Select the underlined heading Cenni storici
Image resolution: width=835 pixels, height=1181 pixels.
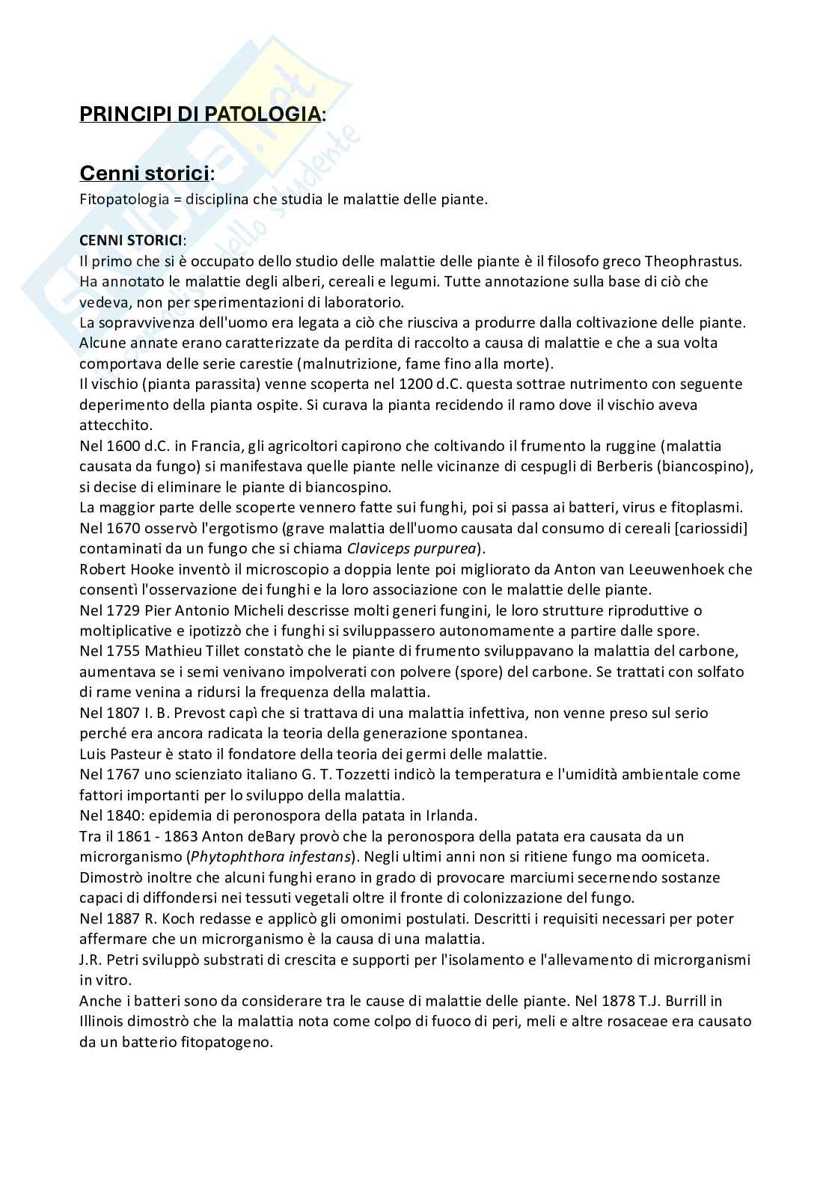[144, 174]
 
